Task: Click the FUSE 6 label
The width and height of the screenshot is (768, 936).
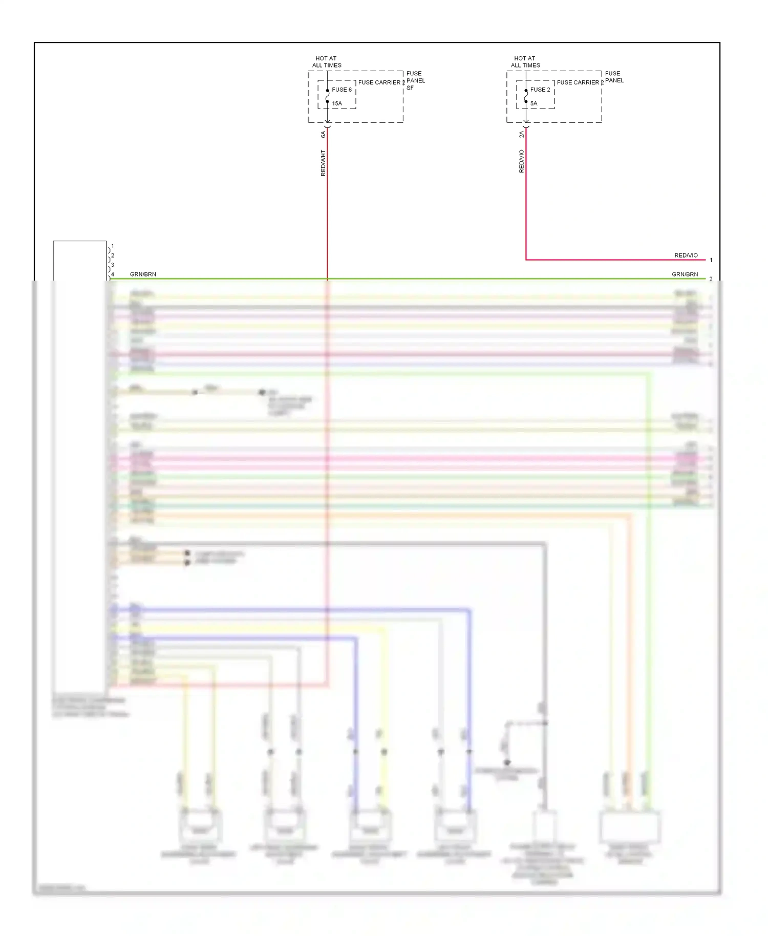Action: click(342, 90)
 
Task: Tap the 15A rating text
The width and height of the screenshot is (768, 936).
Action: click(337, 103)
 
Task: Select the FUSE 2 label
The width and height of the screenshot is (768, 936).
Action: click(540, 90)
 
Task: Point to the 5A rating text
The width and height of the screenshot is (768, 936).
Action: click(534, 103)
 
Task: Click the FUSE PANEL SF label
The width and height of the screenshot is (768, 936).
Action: click(415, 80)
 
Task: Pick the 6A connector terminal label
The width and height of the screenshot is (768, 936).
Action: click(323, 134)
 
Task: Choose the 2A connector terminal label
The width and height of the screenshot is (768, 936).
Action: click(522, 134)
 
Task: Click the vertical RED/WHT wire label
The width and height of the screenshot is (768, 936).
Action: click(323, 163)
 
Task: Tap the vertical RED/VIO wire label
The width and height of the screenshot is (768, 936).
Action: click(522, 161)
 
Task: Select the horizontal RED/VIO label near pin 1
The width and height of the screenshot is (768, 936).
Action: click(686, 256)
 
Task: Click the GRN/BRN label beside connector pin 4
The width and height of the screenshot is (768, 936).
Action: click(143, 274)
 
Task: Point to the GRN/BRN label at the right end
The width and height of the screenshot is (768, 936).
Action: click(685, 274)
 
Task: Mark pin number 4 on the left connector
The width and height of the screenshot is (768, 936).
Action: click(113, 274)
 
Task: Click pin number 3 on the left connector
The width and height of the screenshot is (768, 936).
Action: click(113, 265)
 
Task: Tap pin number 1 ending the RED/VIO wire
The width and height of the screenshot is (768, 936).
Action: click(711, 260)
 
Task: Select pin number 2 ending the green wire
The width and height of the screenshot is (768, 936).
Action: click(711, 279)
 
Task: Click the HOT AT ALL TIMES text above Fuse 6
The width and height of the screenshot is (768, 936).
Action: click(327, 62)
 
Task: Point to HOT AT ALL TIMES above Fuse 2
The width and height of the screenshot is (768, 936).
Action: click(525, 62)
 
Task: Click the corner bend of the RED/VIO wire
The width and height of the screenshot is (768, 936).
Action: click(526, 260)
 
